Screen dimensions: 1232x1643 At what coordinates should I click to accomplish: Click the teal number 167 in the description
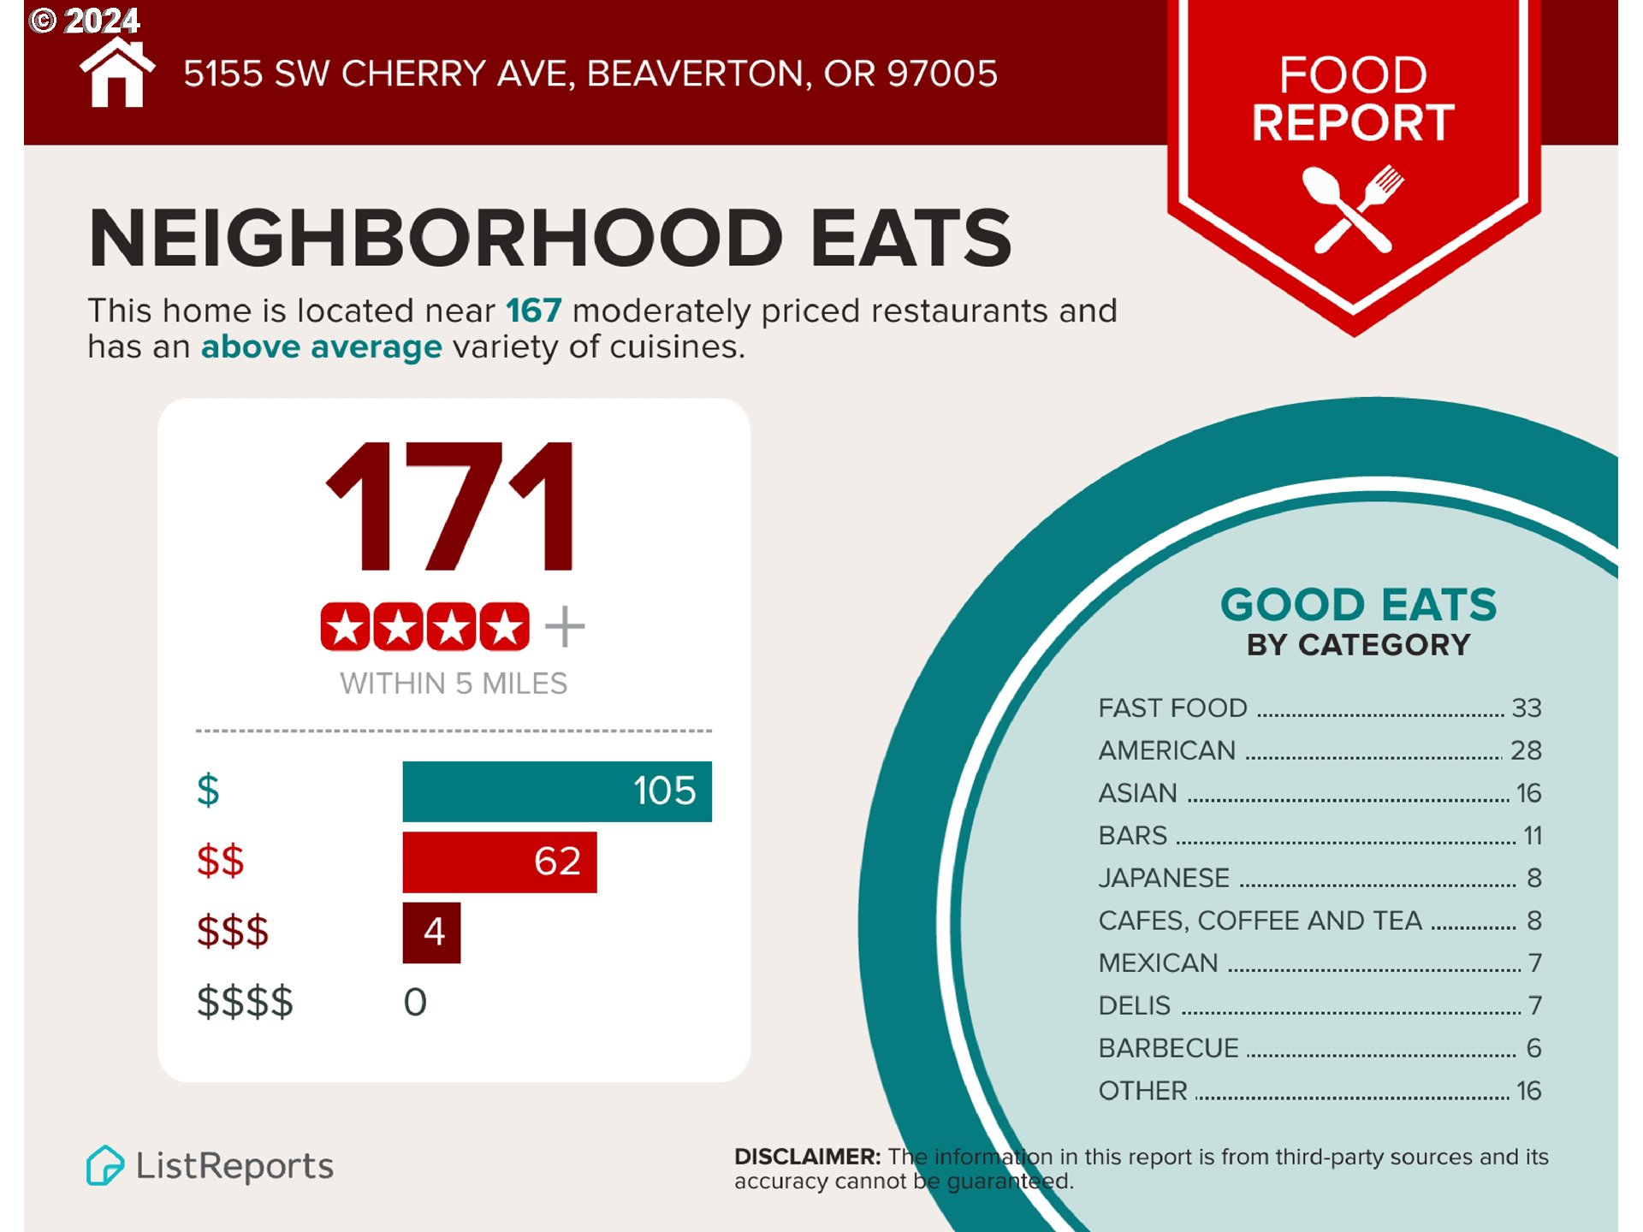point(533,311)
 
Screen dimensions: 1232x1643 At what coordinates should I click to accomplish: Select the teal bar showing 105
point(556,791)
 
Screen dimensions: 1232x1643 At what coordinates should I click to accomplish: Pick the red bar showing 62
point(499,862)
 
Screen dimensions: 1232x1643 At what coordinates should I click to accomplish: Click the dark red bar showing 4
point(431,933)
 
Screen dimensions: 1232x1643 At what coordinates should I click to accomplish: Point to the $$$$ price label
point(245,1002)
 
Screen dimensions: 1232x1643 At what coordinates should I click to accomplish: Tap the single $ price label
point(208,790)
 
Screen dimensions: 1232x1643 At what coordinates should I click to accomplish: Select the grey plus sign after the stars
point(565,627)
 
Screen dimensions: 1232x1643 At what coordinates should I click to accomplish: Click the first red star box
point(345,627)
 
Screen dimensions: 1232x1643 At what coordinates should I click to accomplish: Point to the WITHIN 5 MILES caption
point(453,684)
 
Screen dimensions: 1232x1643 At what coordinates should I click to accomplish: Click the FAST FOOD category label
point(1172,708)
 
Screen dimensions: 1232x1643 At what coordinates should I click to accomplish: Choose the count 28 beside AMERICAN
point(1525,751)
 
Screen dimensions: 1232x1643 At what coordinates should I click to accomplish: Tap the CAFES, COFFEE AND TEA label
point(1260,921)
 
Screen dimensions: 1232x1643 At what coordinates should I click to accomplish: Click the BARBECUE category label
point(1168,1048)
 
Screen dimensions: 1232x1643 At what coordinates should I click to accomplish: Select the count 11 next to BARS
point(1532,836)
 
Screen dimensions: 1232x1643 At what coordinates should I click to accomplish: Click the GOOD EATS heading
point(1358,605)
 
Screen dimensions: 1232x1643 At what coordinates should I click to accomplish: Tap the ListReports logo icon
point(105,1165)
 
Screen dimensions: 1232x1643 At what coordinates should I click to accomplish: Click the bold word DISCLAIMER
point(807,1157)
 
